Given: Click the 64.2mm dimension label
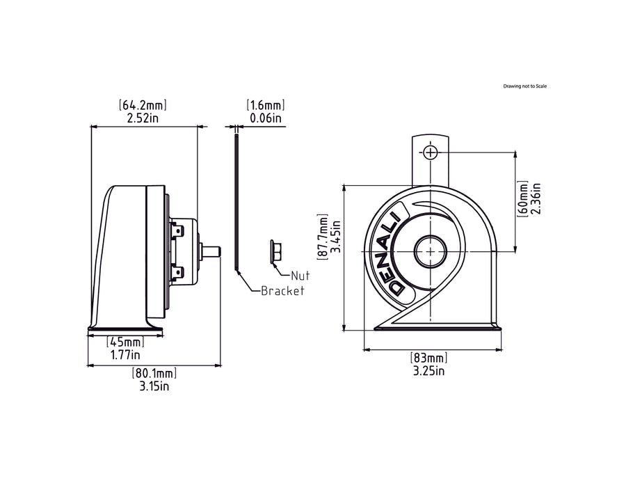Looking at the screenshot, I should coord(143,105).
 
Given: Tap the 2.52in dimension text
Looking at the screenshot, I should coord(143,118).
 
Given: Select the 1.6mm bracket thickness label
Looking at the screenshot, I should coord(266,105).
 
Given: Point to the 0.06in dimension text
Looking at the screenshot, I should coord(266,118).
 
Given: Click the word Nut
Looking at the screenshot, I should coord(300,275).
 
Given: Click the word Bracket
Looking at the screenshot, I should coord(282,291).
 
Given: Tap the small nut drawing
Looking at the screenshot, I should coord(273,251).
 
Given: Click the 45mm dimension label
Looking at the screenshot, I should coord(125,342).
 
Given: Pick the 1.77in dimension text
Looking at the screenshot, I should coord(125,355).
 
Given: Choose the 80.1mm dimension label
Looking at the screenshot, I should coord(154,373).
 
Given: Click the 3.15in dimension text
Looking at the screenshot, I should coord(154,386).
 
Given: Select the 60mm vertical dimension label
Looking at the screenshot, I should coord(523,198).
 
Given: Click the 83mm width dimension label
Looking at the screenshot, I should coord(428,358).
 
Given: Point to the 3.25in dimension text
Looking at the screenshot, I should coord(428,371).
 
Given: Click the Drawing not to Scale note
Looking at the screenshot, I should coord(525,86).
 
